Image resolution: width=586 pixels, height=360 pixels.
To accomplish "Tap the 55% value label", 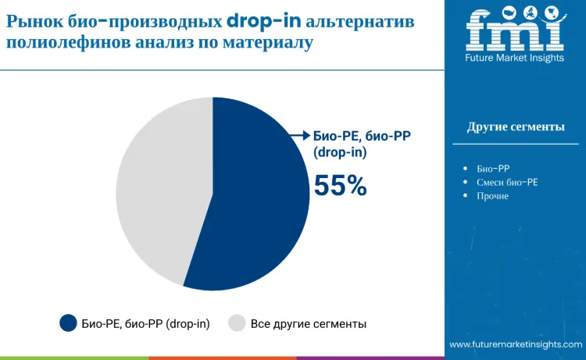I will pos(340,185).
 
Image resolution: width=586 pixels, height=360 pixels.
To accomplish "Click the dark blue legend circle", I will pos(69,323).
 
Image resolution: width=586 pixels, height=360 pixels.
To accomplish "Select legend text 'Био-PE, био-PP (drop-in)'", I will pos(145,323).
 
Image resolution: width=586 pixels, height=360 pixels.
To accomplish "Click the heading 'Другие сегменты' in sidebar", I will pos(516,127).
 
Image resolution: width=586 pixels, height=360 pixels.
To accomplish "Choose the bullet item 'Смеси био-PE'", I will pos(507,182).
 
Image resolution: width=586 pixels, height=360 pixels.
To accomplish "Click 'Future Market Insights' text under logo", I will pos(514,58).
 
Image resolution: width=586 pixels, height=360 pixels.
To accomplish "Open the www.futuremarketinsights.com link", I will pos(516,344).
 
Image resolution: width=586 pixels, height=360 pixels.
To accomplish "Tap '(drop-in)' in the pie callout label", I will pos(340,153).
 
